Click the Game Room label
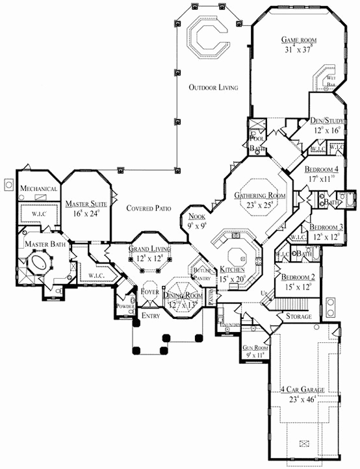pyautogui.click(x=298, y=39)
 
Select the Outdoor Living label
pyautogui.click(x=213, y=87)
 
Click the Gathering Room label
pyautogui.click(x=261, y=195)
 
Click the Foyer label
pyautogui.click(x=150, y=292)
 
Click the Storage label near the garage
pyautogui.click(x=298, y=316)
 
